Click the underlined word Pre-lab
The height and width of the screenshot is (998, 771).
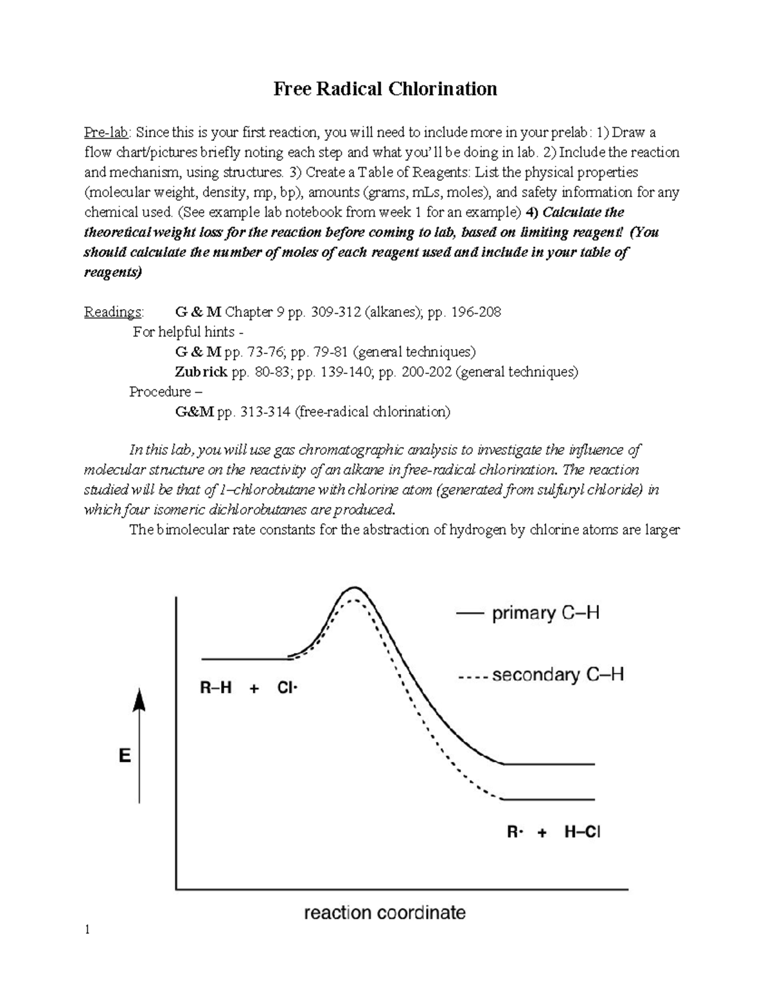(107, 132)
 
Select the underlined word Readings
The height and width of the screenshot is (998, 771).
(114, 312)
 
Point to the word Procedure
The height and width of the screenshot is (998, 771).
(160, 392)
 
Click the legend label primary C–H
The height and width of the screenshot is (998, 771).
(545, 613)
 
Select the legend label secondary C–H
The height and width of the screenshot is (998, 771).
(558, 675)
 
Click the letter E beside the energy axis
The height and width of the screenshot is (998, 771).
(125, 756)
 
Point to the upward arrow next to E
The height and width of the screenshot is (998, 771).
(139, 745)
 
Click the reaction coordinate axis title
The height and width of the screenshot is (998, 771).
(384, 912)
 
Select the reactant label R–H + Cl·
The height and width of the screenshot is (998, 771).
(249, 688)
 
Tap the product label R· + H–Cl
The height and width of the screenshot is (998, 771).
(553, 832)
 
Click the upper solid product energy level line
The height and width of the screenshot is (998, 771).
(549, 764)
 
